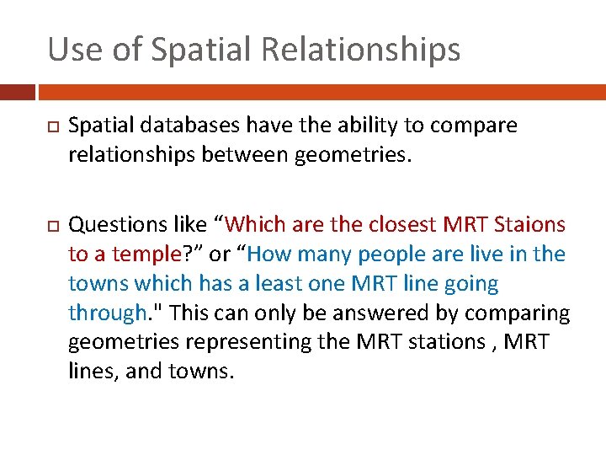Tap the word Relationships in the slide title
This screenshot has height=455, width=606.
point(361,50)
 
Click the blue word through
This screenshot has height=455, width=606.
point(107,313)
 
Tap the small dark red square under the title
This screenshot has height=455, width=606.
point(17,92)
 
